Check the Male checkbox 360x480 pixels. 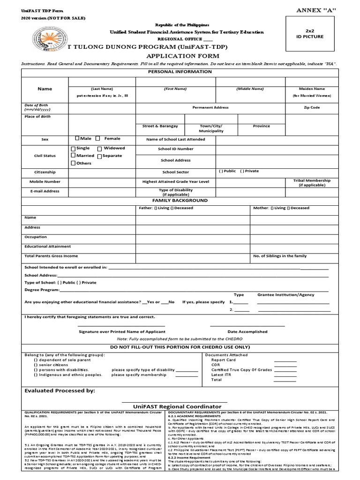coord(77,139)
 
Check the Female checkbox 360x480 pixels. coord(97,139)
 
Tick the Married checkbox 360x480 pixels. coord(73,156)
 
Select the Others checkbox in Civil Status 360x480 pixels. coord(73,163)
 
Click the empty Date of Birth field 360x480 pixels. coord(102,108)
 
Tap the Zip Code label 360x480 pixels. coord(312,107)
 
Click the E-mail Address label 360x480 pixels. coord(45,191)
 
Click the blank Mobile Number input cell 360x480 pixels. coord(102,181)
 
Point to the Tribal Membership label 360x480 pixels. coord(312,182)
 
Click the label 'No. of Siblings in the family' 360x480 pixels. coord(280,256)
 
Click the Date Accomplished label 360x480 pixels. coord(247,331)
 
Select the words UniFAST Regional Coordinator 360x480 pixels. coord(171,406)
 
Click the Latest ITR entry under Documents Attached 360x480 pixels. coord(221,375)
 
